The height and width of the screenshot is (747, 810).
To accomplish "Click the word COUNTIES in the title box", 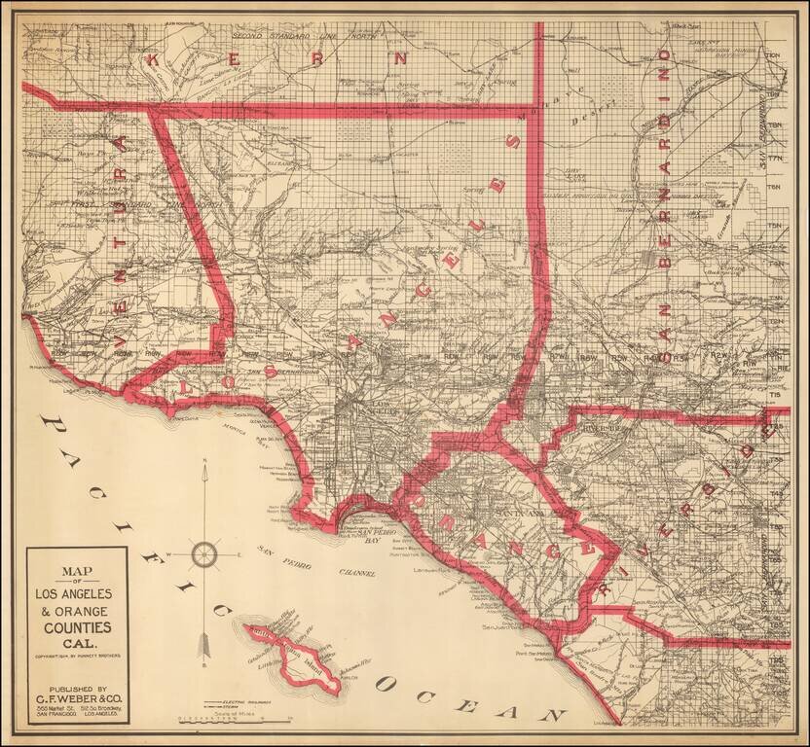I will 76,627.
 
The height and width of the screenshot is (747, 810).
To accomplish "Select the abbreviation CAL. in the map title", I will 76,645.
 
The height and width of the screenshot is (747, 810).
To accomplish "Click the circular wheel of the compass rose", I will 205,554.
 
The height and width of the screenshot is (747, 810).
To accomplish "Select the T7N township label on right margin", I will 775,158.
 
